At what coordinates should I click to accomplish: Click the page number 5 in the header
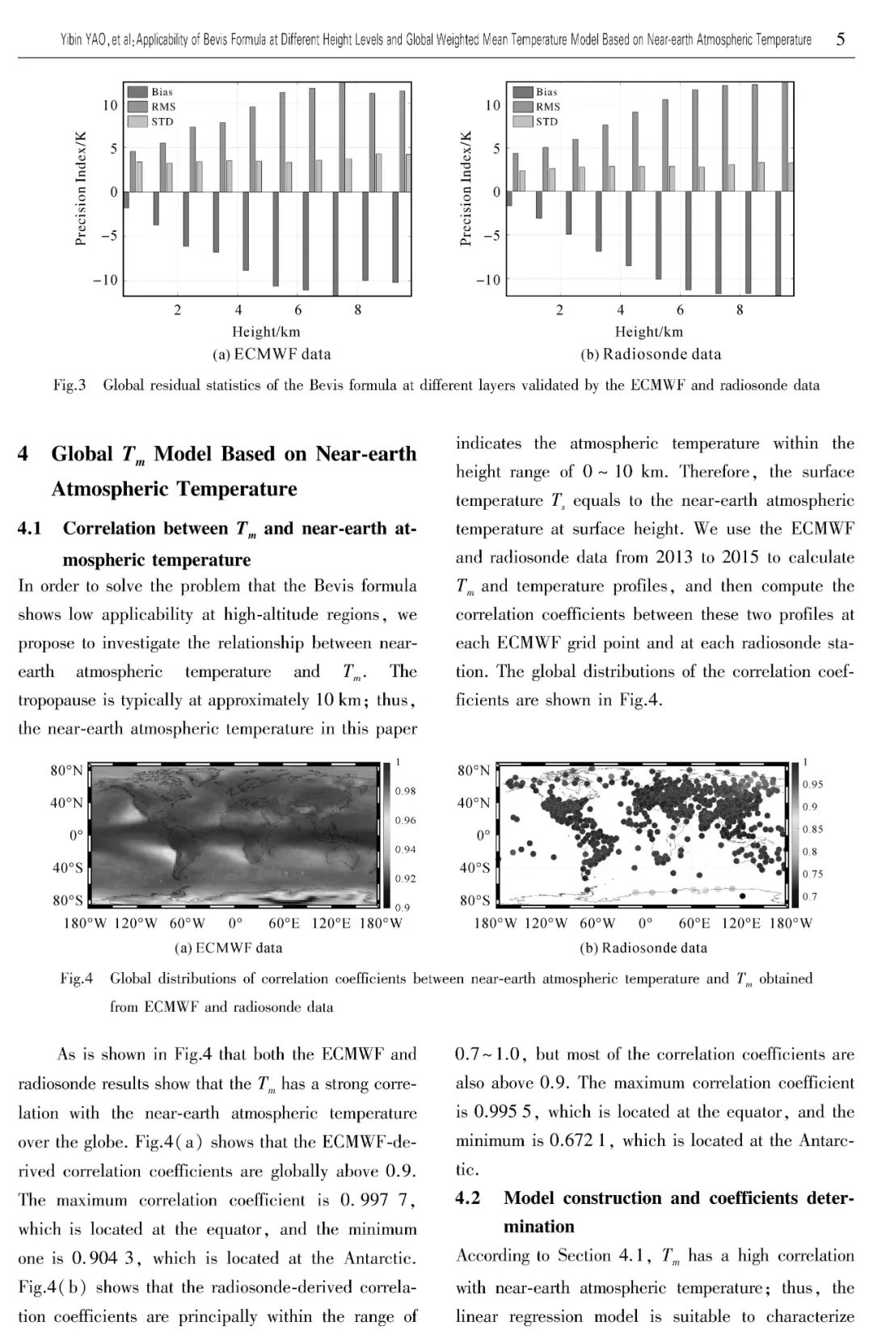coord(841,39)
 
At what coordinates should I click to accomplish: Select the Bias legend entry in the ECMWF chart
coord(162,92)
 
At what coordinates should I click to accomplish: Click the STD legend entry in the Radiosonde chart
coord(547,121)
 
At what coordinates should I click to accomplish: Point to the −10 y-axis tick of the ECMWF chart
coord(105,280)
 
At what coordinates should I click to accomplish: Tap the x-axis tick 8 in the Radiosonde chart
coord(740,309)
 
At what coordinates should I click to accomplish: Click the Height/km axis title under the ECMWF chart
coord(266,331)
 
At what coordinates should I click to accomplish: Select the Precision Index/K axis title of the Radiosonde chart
coord(466,188)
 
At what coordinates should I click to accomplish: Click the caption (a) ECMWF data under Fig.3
coord(271,354)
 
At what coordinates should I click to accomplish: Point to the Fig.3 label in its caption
coord(70,385)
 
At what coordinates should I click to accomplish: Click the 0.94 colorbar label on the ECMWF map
coord(406,849)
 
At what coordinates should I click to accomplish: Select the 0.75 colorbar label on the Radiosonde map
coord(813,874)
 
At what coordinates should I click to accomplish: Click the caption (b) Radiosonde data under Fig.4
coord(643,948)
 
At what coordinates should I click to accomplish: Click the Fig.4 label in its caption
coord(76,979)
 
